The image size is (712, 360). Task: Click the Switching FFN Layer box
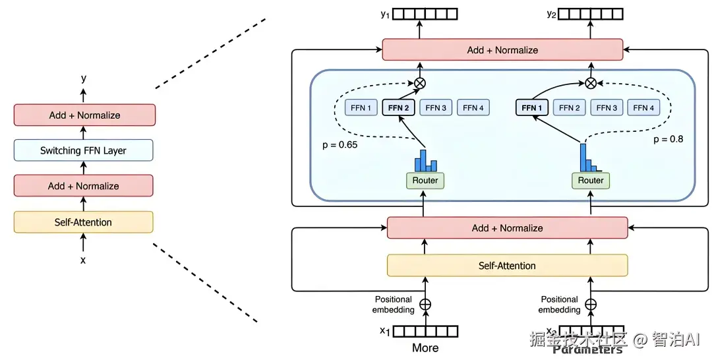click(x=83, y=150)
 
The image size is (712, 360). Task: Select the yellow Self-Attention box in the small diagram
click(x=83, y=222)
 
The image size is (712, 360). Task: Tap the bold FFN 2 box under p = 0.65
click(x=398, y=107)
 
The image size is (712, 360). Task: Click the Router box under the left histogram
click(x=425, y=180)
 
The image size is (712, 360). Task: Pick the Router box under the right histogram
click(x=591, y=180)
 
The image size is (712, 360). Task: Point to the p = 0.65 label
click(x=340, y=145)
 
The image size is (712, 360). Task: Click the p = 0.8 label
click(x=668, y=139)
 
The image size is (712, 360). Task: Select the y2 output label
click(x=552, y=14)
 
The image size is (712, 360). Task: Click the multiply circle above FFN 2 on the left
click(x=420, y=83)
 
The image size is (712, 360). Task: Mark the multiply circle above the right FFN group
click(x=591, y=83)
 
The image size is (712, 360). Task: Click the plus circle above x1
click(x=425, y=305)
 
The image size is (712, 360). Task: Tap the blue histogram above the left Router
click(x=425, y=160)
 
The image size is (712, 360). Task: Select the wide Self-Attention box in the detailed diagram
click(x=507, y=266)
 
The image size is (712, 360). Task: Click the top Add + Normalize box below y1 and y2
click(x=502, y=50)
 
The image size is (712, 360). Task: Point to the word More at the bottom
click(x=425, y=347)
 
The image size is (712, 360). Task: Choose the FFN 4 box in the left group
click(x=473, y=107)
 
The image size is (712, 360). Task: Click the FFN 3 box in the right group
click(x=607, y=107)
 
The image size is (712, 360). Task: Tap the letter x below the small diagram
click(x=83, y=260)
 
